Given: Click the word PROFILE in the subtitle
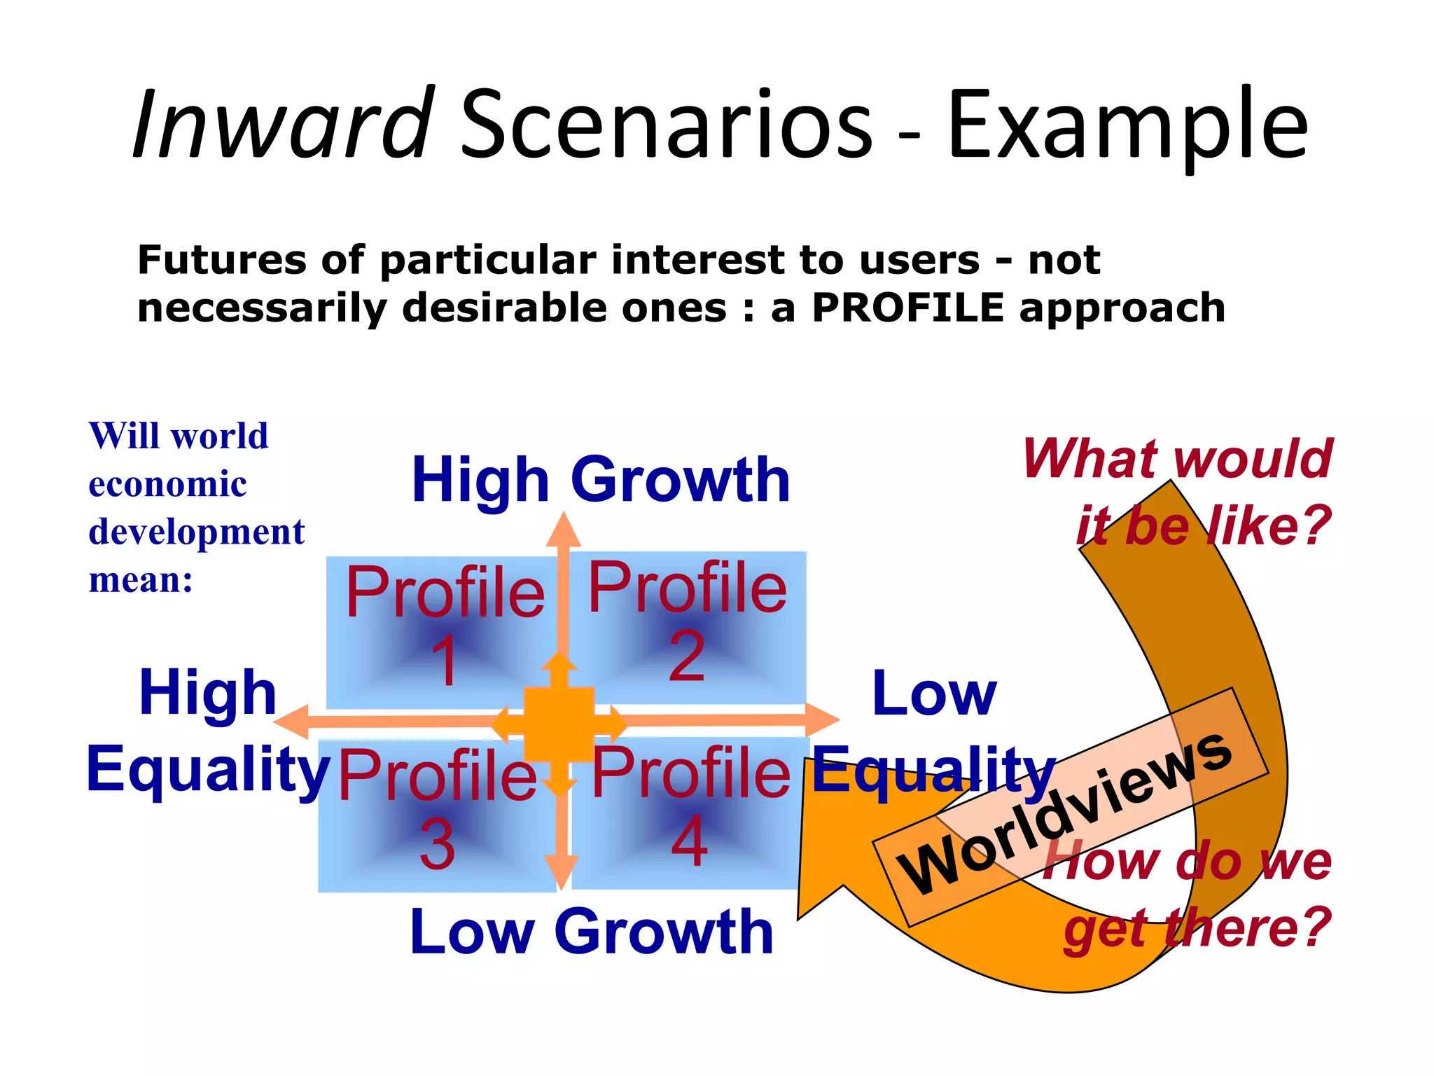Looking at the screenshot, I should point(907,308).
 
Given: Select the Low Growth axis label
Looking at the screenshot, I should point(592,932).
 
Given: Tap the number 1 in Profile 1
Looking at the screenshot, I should point(445,661).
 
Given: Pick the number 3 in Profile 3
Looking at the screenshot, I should point(437,844).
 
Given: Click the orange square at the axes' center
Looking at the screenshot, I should point(559,724).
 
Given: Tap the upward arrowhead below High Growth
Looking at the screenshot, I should point(563,531).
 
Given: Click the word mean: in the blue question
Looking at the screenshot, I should point(141,580).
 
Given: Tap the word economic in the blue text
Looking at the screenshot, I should point(167,484).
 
